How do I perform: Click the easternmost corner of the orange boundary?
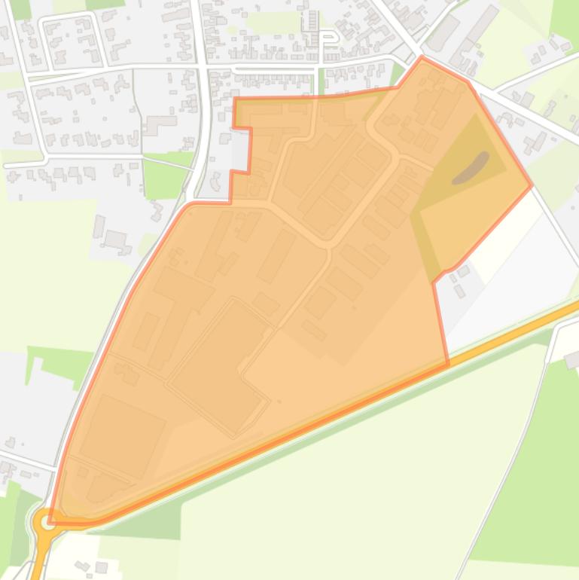532,184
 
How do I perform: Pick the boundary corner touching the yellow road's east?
448,365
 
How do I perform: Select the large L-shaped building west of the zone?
159,124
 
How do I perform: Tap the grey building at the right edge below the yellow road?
571,360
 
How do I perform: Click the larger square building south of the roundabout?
102,566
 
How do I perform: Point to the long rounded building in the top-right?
482,24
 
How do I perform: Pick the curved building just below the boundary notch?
216,182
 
